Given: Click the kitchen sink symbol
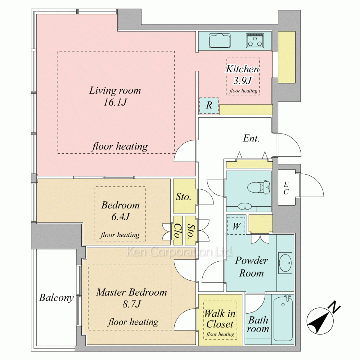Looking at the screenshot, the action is [x=220, y=41].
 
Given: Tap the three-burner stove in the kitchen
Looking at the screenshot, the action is [x=255, y=40].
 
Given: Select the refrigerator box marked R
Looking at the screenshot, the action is [x=209, y=105].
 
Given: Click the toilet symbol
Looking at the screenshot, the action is [x=258, y=187].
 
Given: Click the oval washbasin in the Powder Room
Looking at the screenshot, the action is [x=285, y=263].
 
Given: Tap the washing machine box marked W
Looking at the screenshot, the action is [x=236, y=226].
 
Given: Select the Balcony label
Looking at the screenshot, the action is [x=56, y=298].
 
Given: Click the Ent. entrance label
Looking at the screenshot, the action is [x=251, y=138].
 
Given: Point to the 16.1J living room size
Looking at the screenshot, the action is [x=115, y=102].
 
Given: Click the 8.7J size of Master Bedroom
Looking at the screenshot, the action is [x=131, y=304].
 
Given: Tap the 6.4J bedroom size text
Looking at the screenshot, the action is [x=121, y=216].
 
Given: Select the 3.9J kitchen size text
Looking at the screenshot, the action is [x=243, y=80].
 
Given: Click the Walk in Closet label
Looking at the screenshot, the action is [x=220, y=319].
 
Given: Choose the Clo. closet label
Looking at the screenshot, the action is [x=177, y=231].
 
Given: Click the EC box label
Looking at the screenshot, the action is [x=286, y=188].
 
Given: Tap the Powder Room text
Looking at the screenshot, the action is [x=251, y=266].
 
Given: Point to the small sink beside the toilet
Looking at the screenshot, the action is [x=244, y=207].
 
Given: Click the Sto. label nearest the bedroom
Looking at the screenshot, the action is [x=184, y=197].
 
